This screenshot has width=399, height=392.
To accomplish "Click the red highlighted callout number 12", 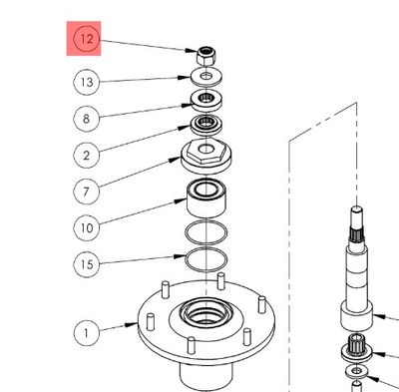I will [x=87, y=41].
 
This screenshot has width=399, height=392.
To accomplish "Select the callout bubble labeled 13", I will [x=87, y=81].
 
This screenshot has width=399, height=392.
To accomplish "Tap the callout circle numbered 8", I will [x=87, y=118].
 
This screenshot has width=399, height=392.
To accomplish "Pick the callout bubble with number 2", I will [x=87, y=155].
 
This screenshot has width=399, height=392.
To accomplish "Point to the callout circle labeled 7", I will [x=87, y=191].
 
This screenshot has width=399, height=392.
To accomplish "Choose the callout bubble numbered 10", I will [x=87, y=227].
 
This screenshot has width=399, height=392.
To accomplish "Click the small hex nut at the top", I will [x=203, y=56].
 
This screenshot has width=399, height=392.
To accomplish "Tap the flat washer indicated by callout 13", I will [x=204, y=77].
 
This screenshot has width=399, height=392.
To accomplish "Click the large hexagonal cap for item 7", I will [x=205, y=158].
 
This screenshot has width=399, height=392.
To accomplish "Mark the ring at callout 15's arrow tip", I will [x=205, y=260].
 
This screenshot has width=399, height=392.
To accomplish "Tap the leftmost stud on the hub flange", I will [x=146, y=322].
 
